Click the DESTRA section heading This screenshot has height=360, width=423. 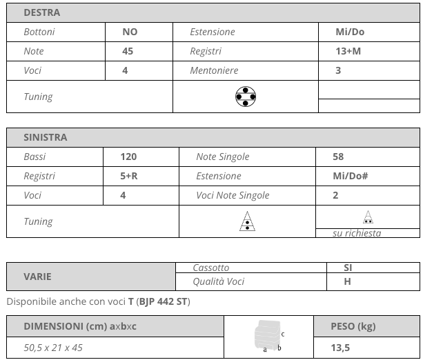[41, 12]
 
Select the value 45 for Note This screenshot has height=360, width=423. [128, 51]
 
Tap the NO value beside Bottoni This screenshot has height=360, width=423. [130, 32]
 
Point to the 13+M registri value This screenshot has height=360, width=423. [348, 51]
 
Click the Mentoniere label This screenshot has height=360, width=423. [214, 70]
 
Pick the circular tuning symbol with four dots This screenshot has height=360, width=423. [245, 97]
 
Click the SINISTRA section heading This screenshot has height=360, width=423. [46, 137]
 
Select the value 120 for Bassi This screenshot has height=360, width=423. [128, 157]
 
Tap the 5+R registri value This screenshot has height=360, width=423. [129, 176]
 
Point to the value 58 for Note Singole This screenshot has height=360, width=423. [338, 157]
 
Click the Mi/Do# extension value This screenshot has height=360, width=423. [350, 176]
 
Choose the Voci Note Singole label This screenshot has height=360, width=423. [233, 195]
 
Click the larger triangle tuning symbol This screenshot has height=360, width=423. [246, 221]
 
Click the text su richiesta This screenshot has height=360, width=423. [357, 233]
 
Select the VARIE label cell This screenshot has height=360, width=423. [38, 277]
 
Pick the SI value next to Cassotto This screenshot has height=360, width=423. [348, 268]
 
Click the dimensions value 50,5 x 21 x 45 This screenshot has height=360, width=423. [53, 348]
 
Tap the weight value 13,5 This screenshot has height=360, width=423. [340, 348]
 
